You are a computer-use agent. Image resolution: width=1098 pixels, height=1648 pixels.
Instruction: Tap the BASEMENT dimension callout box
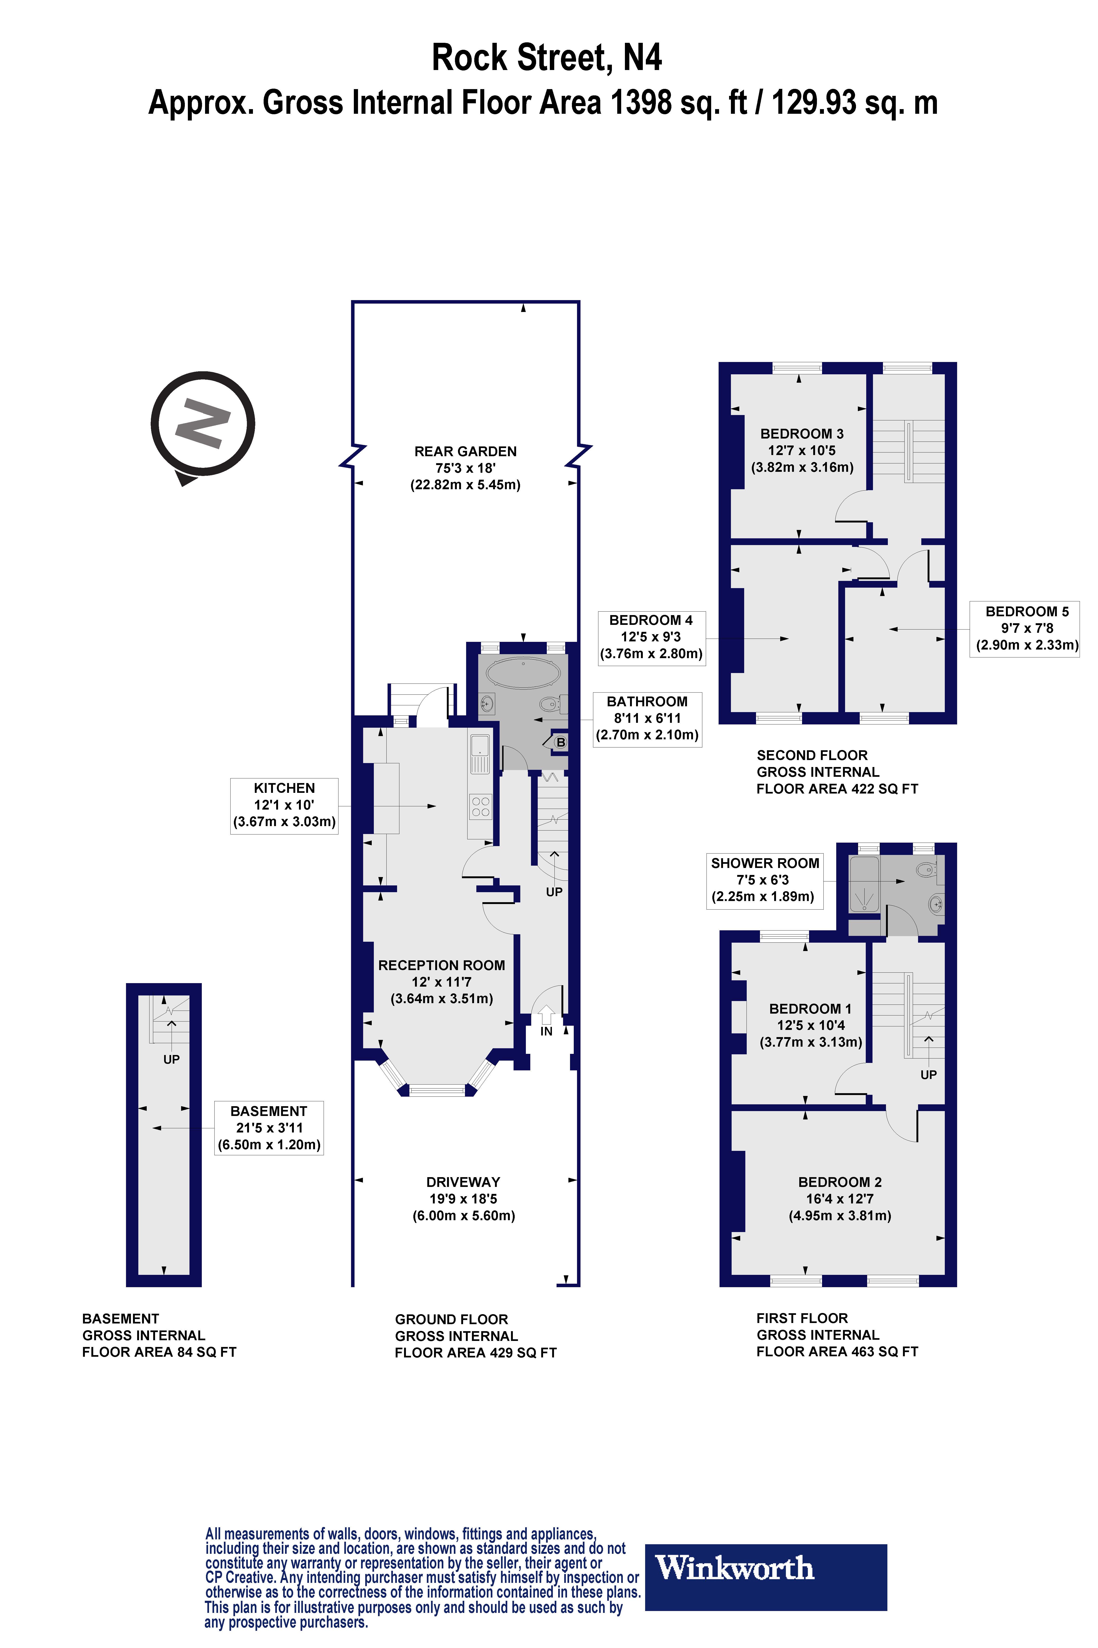click(269, 1128)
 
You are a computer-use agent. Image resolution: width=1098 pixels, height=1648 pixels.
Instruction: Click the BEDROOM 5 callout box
click(1027, 629)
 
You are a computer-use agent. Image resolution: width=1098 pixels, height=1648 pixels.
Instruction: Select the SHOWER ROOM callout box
click(765, 881)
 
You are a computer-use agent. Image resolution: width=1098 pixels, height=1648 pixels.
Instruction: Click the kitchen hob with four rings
click(480, 807)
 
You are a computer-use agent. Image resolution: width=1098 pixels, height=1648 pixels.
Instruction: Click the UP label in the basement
click(172, 1059)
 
